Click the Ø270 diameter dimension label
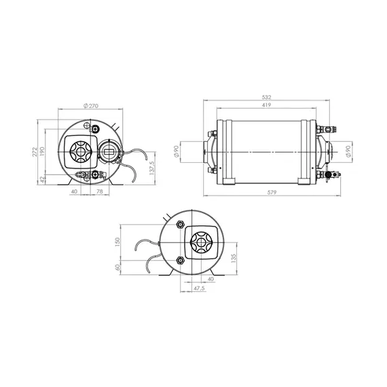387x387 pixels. [91, 106]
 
